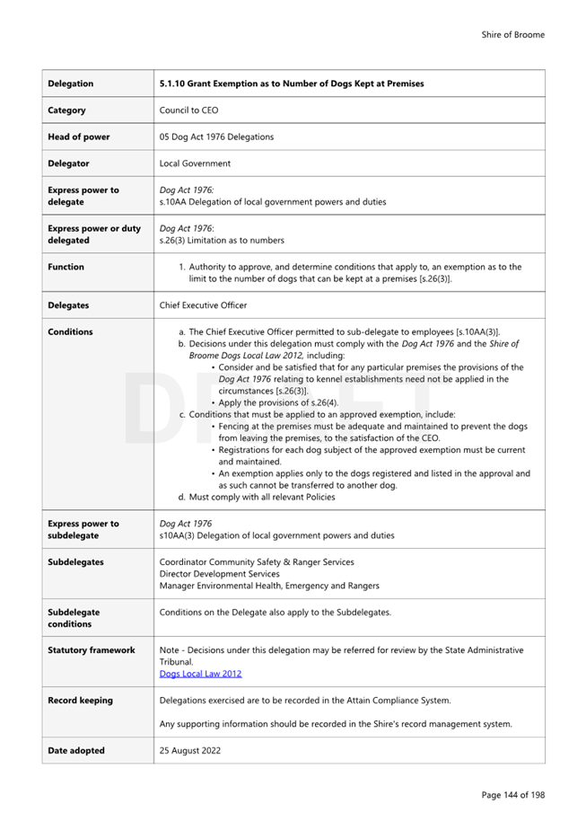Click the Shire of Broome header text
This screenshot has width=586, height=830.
coord(512,35)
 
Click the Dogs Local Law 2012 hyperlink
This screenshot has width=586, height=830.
coord(200,674)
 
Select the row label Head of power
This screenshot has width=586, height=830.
coord(80,137)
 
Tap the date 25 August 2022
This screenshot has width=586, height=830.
coord(190,751)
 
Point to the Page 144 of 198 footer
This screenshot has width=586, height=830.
coord(512,795)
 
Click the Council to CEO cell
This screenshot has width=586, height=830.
coord(188,110)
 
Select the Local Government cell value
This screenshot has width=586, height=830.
coord(195,163)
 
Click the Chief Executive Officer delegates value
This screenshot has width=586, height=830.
coord(203,305)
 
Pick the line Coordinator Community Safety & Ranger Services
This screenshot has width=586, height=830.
coord(257,562)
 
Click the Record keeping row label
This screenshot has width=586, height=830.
coord(80,701)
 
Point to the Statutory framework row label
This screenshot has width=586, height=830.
coord(91,650)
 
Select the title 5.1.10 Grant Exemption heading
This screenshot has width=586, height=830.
coord(292,84)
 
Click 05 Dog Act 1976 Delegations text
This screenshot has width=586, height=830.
coord(216,137)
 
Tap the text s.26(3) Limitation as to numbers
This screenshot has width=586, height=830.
coord(222,241)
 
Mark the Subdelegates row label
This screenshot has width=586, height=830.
coord(75,562)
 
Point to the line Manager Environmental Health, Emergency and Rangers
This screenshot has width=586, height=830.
coord(269,586)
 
